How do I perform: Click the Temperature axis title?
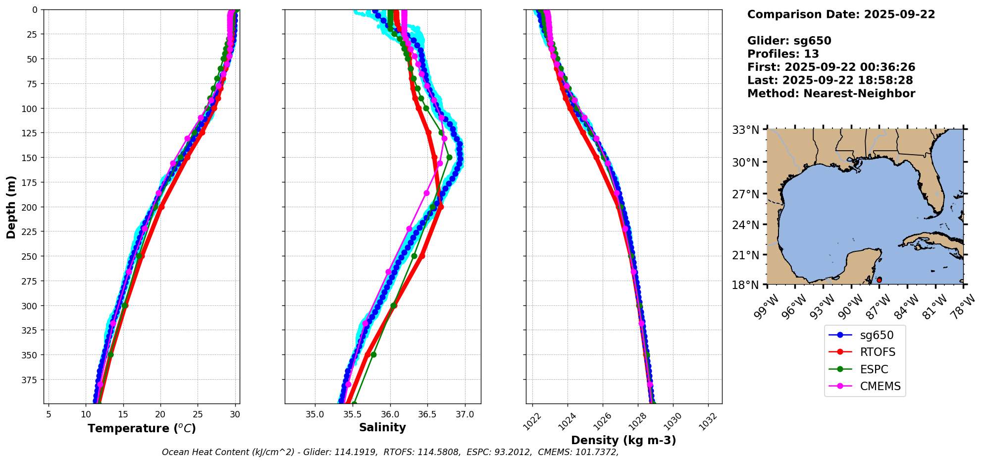[x=142, y=428]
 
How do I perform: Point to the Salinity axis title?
[x=382, y=427]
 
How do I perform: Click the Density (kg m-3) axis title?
[x=623, y=440]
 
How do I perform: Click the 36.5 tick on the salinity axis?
[x=427, y=414]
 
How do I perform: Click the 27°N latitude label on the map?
[x=746, y=194]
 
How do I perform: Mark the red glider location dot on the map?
[x=879, y=280]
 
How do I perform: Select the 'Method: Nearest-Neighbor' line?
[x=831, y=94]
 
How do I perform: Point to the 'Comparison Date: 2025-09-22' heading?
[x=841, y=14]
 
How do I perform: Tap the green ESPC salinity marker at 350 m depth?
[x=373, y=354]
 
